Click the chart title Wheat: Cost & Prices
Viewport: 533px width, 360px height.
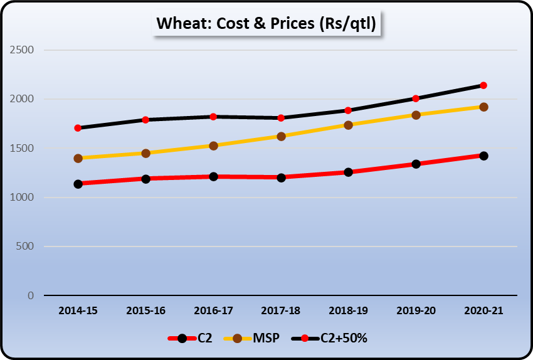(266, 24)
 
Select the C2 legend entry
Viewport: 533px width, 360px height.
(191, 338)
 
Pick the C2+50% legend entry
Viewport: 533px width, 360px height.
(330, 338)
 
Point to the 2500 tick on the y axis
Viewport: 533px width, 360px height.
(21, 50)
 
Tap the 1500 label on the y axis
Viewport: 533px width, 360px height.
(21, 149)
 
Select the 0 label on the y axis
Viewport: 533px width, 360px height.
(30, 295)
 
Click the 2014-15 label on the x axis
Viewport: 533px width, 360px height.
(78, 310)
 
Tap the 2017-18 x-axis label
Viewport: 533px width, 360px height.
(281, 310)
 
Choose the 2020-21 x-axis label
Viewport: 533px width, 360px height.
(483, 310)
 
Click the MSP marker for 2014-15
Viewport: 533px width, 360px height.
(78, 158)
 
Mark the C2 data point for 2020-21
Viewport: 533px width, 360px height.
(483, 156)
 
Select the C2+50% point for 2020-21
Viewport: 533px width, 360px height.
(483, 85)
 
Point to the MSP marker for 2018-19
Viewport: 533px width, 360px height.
(348, 125)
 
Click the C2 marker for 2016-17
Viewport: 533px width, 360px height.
(213, 176)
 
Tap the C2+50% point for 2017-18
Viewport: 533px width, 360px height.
(281, 118)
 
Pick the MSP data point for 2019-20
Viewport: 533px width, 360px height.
(416, 115)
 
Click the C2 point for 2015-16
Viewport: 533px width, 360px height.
(145, 179)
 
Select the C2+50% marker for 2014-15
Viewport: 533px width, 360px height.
(78, 128)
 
